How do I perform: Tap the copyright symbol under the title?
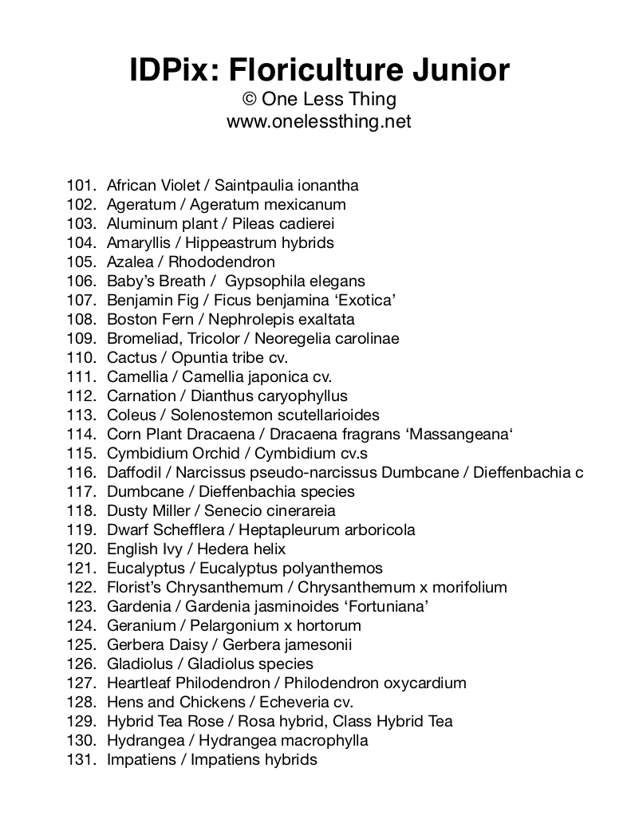250,100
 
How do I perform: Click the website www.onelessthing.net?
319,121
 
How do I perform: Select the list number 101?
81,186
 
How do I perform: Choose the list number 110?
81,358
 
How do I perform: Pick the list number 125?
81,645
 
